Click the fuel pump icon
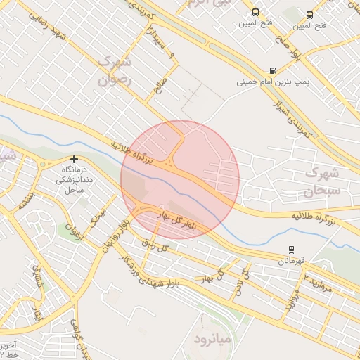tap(272, 71)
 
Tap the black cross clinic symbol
tap(74, 160)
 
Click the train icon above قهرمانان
tap(291, 250)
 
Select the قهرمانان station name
tap(291, 261)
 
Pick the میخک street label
tap(98, 219)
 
